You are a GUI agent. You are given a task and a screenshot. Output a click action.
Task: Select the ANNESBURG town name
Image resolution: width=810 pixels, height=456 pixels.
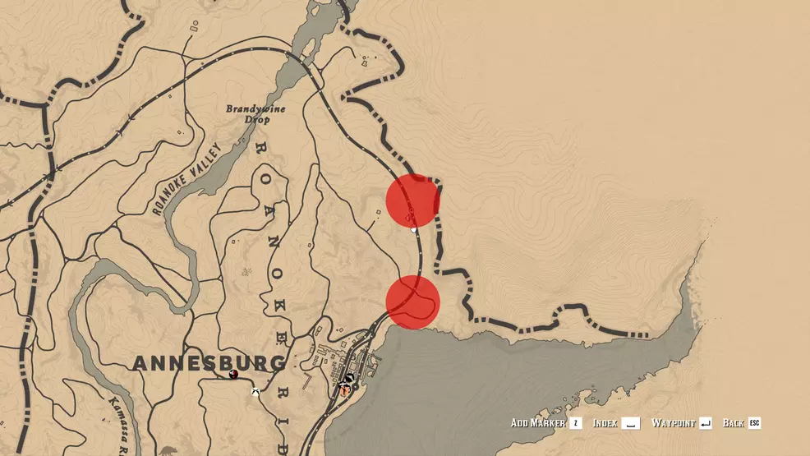tap(209, 363)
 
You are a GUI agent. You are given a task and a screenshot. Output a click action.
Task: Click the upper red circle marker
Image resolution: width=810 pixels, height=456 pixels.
tap(412, 200)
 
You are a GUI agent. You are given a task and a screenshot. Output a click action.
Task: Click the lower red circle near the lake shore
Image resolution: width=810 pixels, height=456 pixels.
tap(412, 302)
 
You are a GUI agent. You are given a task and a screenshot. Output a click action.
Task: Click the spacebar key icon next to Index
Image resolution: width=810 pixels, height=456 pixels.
tap(630, 423)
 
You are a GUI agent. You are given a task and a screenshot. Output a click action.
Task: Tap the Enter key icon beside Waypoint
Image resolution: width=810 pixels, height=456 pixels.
tap(705, 423)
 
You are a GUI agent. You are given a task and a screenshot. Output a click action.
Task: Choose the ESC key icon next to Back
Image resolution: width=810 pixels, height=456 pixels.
tap(754, 423)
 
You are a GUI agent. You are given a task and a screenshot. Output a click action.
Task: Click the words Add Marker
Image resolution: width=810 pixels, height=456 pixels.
tap(537, 423)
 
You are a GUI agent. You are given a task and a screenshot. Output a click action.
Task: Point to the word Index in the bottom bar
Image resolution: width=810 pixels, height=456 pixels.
tap(605, 423)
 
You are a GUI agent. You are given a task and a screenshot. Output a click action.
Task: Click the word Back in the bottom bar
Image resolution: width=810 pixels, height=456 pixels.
tap(734, 423)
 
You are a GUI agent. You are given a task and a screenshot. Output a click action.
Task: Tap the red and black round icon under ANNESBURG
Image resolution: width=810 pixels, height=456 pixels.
tap(234, 374)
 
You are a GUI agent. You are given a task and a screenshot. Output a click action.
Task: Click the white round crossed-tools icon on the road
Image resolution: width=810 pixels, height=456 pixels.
tap(256, 392)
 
